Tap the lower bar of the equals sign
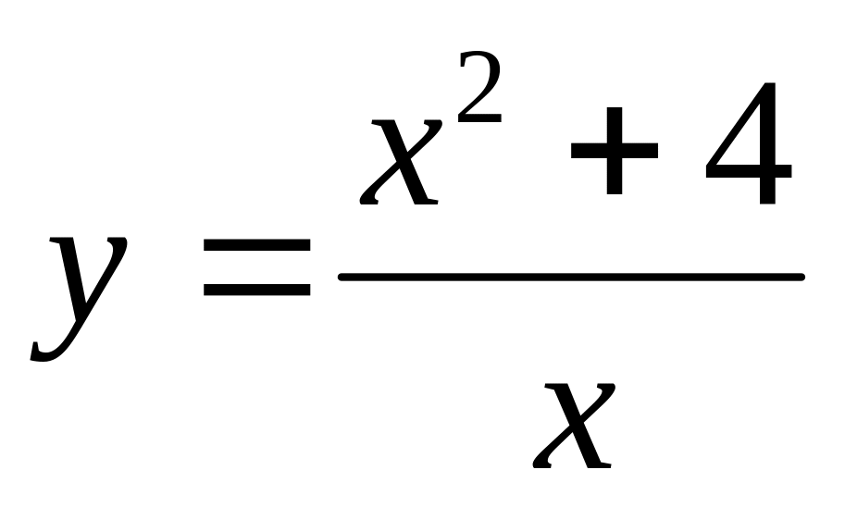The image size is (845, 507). pos(256,289)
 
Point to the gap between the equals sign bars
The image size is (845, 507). pos(256,268)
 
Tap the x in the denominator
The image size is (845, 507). pos(576,426)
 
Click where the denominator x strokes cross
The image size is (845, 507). pos(576,426)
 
